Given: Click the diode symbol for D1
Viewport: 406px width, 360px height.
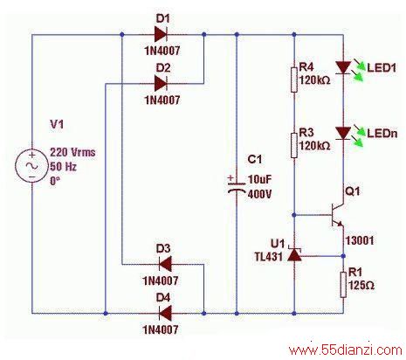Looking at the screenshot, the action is click(x=161, y=35).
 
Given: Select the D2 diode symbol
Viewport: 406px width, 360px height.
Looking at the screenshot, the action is click(x=161, y=84).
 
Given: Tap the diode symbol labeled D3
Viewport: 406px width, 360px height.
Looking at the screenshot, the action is click(x=165, y=265).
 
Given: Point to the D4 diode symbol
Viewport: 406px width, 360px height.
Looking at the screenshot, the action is click(x=165, y=314).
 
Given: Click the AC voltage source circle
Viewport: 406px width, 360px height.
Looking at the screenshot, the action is click(x=32, y=166).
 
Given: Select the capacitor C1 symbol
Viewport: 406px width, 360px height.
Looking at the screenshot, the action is click(x=237, y=186).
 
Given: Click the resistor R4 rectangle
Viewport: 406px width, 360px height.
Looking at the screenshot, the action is click(x=294, y=80).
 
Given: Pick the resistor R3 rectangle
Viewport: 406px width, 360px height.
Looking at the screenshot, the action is click(x=294, y=145).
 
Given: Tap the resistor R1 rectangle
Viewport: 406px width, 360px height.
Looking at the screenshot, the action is click(x=343, y=285).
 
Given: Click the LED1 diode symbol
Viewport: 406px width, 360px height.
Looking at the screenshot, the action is click(x=343, y=67).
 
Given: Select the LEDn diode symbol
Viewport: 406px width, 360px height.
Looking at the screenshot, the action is click(x=343, y=134).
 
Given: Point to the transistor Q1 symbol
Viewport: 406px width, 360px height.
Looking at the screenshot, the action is click(x=337, y=215).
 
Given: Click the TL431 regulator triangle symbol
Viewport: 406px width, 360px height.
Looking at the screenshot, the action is click(x=294, y=254).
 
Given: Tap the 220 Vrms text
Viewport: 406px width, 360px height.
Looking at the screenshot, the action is click(x=72, y=152).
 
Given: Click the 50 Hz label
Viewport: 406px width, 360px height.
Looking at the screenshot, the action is click(x=63, y=167).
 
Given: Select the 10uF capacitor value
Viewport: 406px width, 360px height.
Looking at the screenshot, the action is click(x=259, y=179).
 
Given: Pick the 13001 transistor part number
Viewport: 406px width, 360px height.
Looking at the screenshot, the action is click(x=360, y=240).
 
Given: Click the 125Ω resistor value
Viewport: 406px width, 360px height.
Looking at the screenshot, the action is click(x=361, y=285).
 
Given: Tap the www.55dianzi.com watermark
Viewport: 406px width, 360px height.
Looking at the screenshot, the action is click(x=346, y=350).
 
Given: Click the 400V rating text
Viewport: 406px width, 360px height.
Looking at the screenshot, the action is click(x=259, y=194).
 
